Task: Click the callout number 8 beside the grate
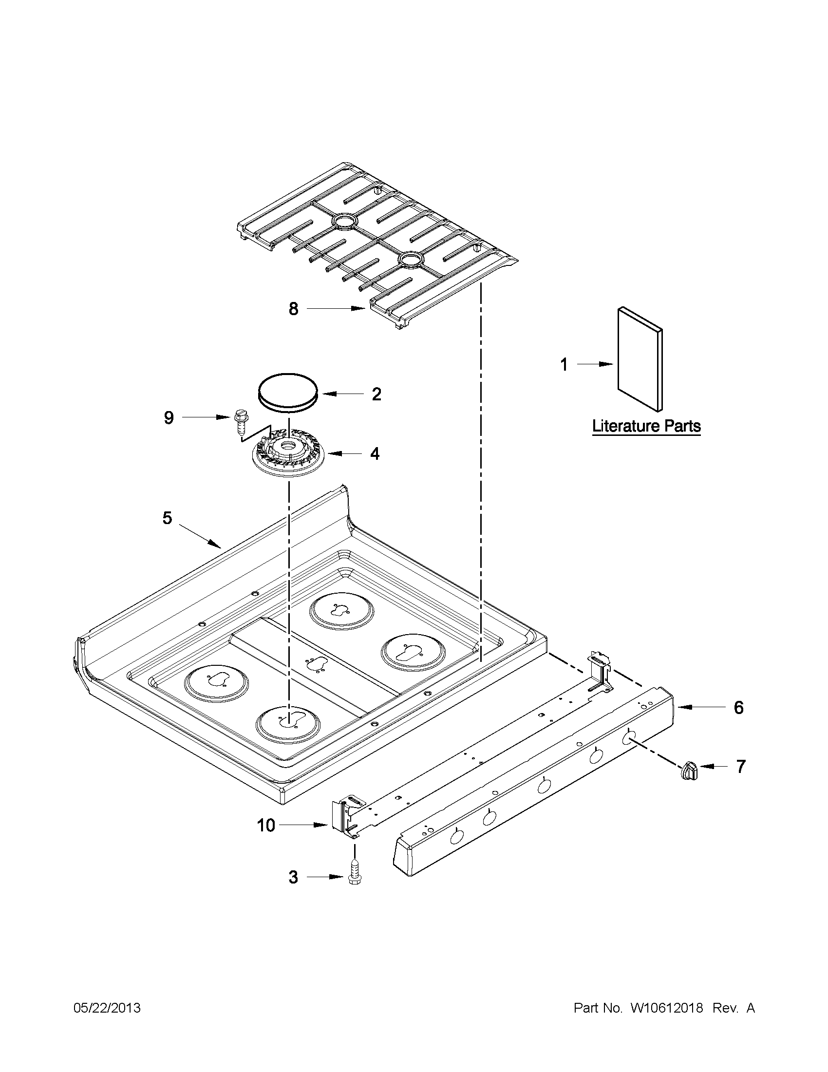[293, 309]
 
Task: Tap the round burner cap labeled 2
[288, 390]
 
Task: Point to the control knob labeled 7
[689, 770]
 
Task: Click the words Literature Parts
[646, 426]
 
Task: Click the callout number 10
[266, 826]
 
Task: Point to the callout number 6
[738, 707]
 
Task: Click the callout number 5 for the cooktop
[168, 518]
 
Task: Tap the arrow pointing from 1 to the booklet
[595, 364]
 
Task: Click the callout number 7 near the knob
[740, 766]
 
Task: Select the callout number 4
[375, 454]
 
